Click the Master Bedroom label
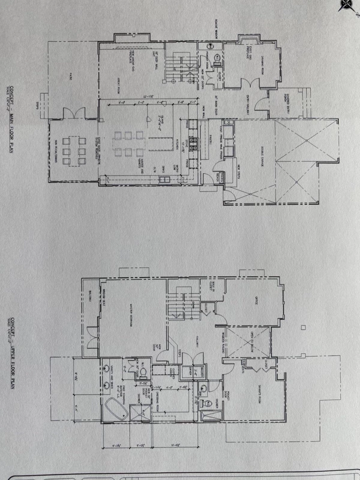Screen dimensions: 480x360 (130, 317)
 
